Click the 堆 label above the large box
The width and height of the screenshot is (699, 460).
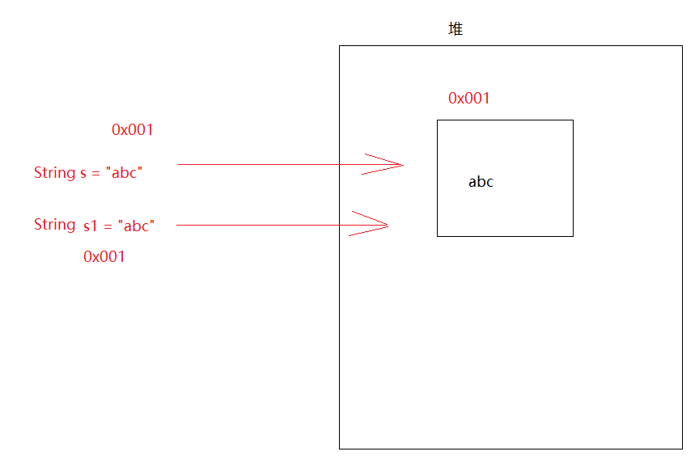point(455,29)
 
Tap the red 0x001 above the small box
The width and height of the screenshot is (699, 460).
point(469,99)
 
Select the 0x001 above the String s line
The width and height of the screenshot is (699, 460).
point(133,129)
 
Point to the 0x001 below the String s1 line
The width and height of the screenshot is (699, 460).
point(104,257)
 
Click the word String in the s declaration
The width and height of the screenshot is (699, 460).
point(54,172)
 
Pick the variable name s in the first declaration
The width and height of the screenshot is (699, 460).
point(83,173)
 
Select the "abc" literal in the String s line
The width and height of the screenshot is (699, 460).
point(123,172)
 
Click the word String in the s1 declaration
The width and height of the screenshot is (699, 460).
point(54,225)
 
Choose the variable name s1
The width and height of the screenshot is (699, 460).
point(91,226)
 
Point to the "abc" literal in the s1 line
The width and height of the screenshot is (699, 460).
point(136,226)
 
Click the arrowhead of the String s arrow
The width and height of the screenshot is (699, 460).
point(396,165)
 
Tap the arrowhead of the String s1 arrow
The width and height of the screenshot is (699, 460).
point(382,225)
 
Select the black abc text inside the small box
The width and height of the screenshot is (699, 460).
point(481,182)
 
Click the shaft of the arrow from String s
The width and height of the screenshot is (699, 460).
point(267,165)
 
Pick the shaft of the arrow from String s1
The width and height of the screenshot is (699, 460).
point(259,226)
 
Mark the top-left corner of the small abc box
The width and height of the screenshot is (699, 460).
point(438,120)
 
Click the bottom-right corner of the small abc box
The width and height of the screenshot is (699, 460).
point(573,236)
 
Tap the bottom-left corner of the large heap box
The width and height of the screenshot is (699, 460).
point(340,448)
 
